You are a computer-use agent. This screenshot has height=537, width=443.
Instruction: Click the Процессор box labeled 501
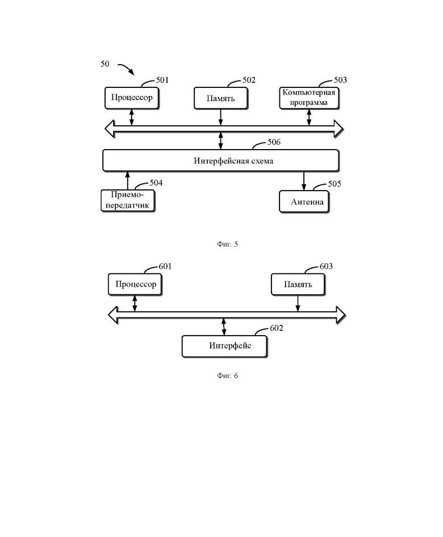pyautogui.click(x=132, y=98)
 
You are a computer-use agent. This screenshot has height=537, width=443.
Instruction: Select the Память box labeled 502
pyautogui.click(x=220, y=98)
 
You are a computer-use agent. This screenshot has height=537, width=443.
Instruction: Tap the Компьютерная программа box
pyautogui.click(x=309, y=98)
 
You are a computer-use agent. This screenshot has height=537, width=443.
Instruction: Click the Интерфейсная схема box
pyautogui.click(x=221, y=160)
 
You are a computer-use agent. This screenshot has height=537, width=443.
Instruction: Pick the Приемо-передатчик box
pyautogui.click(x=128, y=201)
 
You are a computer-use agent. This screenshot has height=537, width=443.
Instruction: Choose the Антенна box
pyautogui.click(x=304, y=202)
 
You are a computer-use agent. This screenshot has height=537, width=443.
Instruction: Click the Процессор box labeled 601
pyautogui.click(x=135, y=284)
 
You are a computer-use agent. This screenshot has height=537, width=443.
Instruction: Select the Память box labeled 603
pyautogui.click(x=298, y=284)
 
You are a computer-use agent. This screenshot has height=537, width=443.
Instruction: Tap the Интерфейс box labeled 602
pyautogui.click(x=224, y=346)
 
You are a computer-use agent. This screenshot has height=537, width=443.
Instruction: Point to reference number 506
pyautogui.click(x=274, y=142)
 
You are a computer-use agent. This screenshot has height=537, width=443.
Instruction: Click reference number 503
pyautogui.click(x=340, y=80)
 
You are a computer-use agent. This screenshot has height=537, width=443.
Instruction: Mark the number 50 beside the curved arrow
pyautogui.click(x=105, y=64)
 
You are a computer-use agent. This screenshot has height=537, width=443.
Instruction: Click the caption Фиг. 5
pyautogui.click(x=227, y=244)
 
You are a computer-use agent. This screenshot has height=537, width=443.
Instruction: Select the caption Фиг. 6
pyautogui.click(x=227, y=375)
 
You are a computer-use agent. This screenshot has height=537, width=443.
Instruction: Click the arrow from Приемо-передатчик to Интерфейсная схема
pyautogui.click(x=128, y=180)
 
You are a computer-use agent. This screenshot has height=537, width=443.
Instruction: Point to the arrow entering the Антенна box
pyautogui.click(x=304, y=181)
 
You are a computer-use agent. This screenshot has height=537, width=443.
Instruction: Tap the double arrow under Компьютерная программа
pyautogui.click(x=309, y=117)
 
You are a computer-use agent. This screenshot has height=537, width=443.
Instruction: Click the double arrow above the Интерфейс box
pyautogui.click(x=224, y=327)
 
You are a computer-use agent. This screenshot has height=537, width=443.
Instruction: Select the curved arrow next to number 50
pyautogui.click(x=126, y=69)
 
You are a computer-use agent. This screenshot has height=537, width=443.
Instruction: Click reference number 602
pyautogui.click(x=277, y=328)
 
